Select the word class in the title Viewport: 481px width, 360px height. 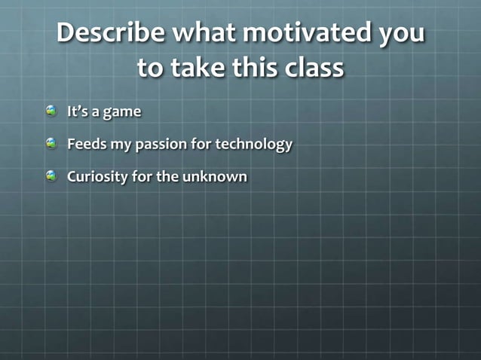tap(313, 69)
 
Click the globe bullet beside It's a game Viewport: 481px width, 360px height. tap(51, 111)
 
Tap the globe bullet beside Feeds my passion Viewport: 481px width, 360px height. tap(51, 143)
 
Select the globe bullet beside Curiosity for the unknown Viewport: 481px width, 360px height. tap(51, 175)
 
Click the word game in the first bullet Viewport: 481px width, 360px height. tap(122, 113)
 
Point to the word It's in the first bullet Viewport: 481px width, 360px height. tap(78, 111)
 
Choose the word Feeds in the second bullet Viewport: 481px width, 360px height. tap(86, 143)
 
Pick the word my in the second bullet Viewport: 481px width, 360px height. tap(119, 145)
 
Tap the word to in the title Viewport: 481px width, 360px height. tap(149, 69)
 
